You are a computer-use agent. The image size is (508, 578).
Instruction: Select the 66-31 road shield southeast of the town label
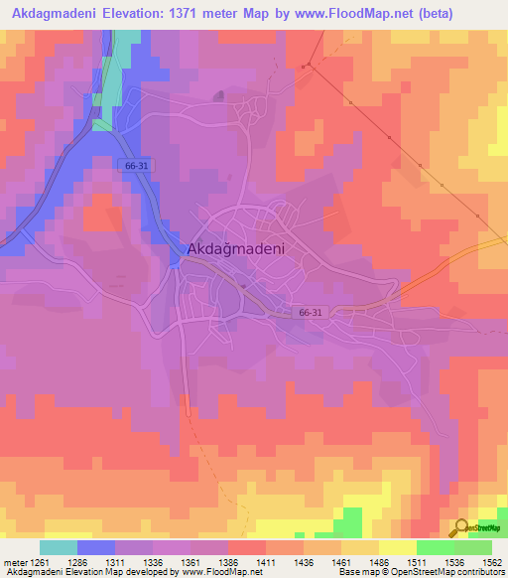311,313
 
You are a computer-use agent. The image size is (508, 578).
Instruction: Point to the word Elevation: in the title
122,15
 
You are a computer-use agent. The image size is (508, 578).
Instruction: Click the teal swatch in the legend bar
59,547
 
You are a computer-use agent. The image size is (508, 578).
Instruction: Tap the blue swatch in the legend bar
96,547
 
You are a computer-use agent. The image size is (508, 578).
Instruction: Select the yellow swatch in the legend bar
397,547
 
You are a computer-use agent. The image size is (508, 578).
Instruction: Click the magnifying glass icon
459,527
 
